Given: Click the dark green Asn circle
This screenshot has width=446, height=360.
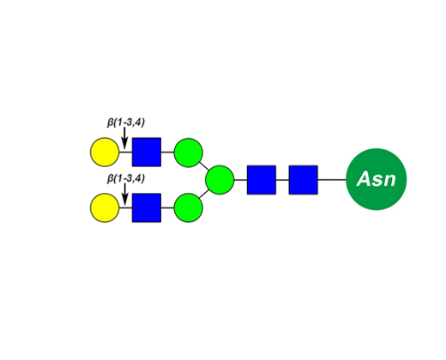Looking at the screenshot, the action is (x=376, y=179).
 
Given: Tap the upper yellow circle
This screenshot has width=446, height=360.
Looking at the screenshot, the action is (x=105, y=152).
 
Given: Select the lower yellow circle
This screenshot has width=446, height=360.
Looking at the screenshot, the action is (x=105, y=207).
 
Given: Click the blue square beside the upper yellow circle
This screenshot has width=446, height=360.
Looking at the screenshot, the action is (x=147, y=152).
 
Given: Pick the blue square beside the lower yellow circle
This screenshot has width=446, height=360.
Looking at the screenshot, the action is (x=147, y=207).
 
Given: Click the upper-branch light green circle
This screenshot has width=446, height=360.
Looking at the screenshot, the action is (x=189, y=153).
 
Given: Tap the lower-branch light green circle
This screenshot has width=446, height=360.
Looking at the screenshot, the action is (x=189, y=207).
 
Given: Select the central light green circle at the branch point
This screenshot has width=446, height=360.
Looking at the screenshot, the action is (x=220, y=180).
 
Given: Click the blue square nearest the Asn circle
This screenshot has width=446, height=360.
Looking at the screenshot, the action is (x=304, y=180).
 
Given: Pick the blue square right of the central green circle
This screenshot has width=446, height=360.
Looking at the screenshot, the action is (x=262, y=180).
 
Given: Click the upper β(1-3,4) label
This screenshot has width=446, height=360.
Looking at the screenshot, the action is (x=126, y=123).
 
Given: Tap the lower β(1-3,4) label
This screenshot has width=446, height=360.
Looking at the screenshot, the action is (x=126, y=178).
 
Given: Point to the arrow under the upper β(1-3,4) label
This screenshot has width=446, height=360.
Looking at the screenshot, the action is (x=124, y=138).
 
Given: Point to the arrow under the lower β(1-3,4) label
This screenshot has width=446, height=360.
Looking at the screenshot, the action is (x=124, y=194).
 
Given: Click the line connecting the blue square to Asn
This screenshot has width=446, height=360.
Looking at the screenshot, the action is (x=332, y=180).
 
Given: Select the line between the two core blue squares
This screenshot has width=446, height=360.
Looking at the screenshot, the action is (x=282, y=180).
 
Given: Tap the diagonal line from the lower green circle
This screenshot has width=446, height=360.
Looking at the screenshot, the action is (x=204, y=194).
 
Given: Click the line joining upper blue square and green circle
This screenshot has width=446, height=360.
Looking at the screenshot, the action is (x=167, y=152).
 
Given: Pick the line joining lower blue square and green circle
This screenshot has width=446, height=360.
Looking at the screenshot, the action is (x=167, y=207).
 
